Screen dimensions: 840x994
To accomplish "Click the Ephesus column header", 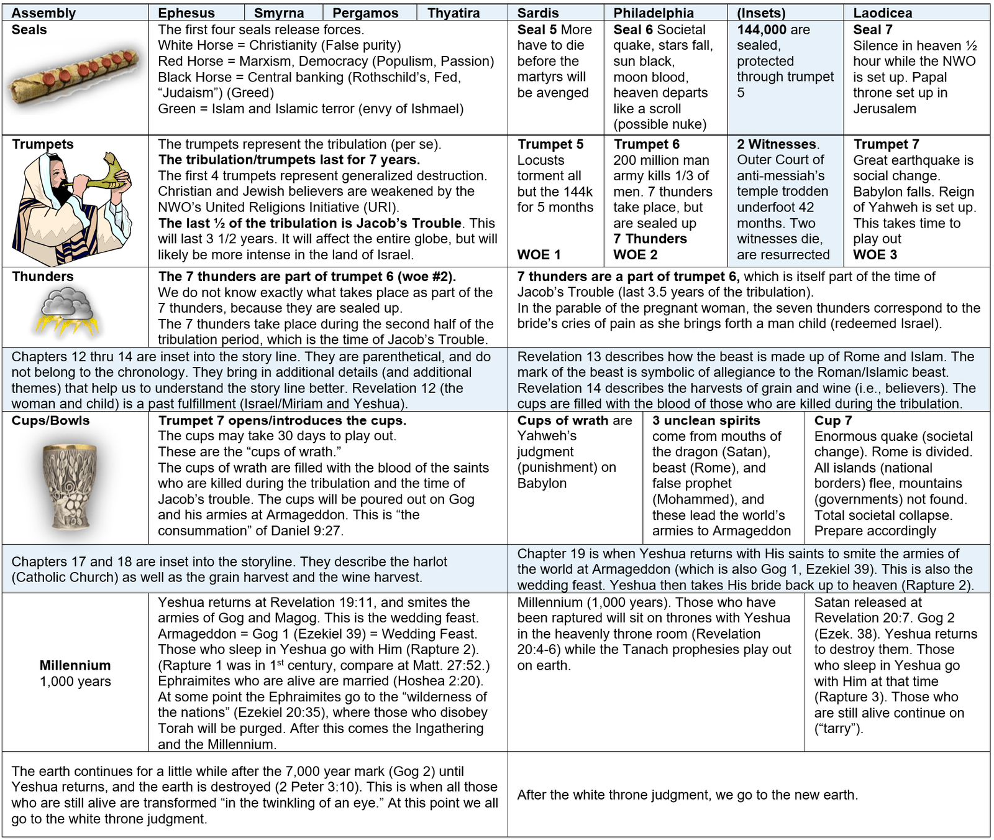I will click(186, 13).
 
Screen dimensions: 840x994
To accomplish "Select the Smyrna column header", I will click(279, 13).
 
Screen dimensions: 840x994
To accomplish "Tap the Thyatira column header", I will click(454, 13).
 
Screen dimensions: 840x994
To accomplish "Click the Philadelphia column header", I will click(654, 13).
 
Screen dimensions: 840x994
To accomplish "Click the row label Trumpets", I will click(42, 144).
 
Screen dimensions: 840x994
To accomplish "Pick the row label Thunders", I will click(42, 277).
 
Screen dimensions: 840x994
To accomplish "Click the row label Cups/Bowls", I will click(50, 420).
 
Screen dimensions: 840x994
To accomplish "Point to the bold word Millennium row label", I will click(75, 665).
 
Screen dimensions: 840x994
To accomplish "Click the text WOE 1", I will click(539, 255).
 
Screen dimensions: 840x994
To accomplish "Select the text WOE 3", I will click(875, 255).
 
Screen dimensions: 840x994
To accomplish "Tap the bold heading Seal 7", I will click(872, 30).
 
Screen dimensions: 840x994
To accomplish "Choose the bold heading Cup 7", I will click(833, 421).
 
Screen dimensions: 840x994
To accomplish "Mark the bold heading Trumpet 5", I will click(550, 144).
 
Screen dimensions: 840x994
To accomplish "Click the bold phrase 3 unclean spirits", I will click(706, 421).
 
